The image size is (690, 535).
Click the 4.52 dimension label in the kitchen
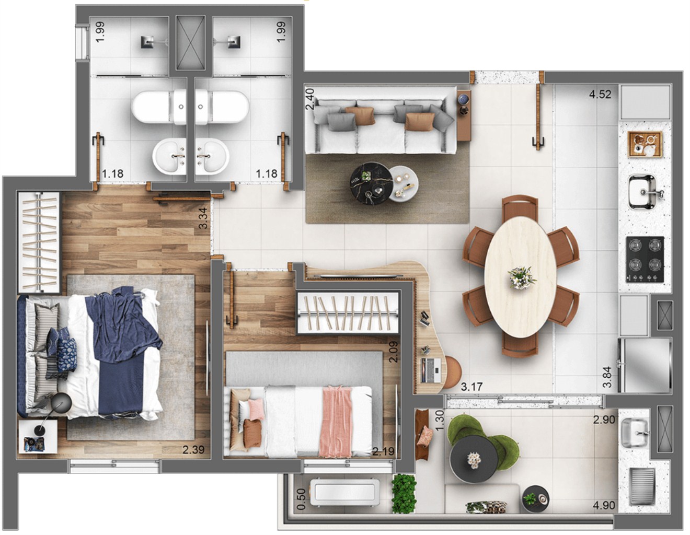pyautogui.click(x=600, y=95)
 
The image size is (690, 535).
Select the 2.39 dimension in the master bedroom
pyautogui.click(x=193, y=449)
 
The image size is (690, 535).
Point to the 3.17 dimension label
pyautogui.click(x=471, y=387)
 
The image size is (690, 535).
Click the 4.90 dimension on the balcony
pyautogui.click(x=604, y=505)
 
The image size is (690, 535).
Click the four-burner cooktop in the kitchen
pyautogui.click(x=645, y=260)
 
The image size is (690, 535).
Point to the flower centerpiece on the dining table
pyautogui.click(x=522, y=277)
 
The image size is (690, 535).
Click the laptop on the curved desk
pyautogui.click(x=431, y=370)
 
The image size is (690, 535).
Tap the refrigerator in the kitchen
pyautogui.click(x=644, y=365)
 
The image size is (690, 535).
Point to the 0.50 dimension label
pyautogui.click(x=301, y=498)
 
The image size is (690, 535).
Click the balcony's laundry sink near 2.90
pyautogui.click(x=634, y=434)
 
